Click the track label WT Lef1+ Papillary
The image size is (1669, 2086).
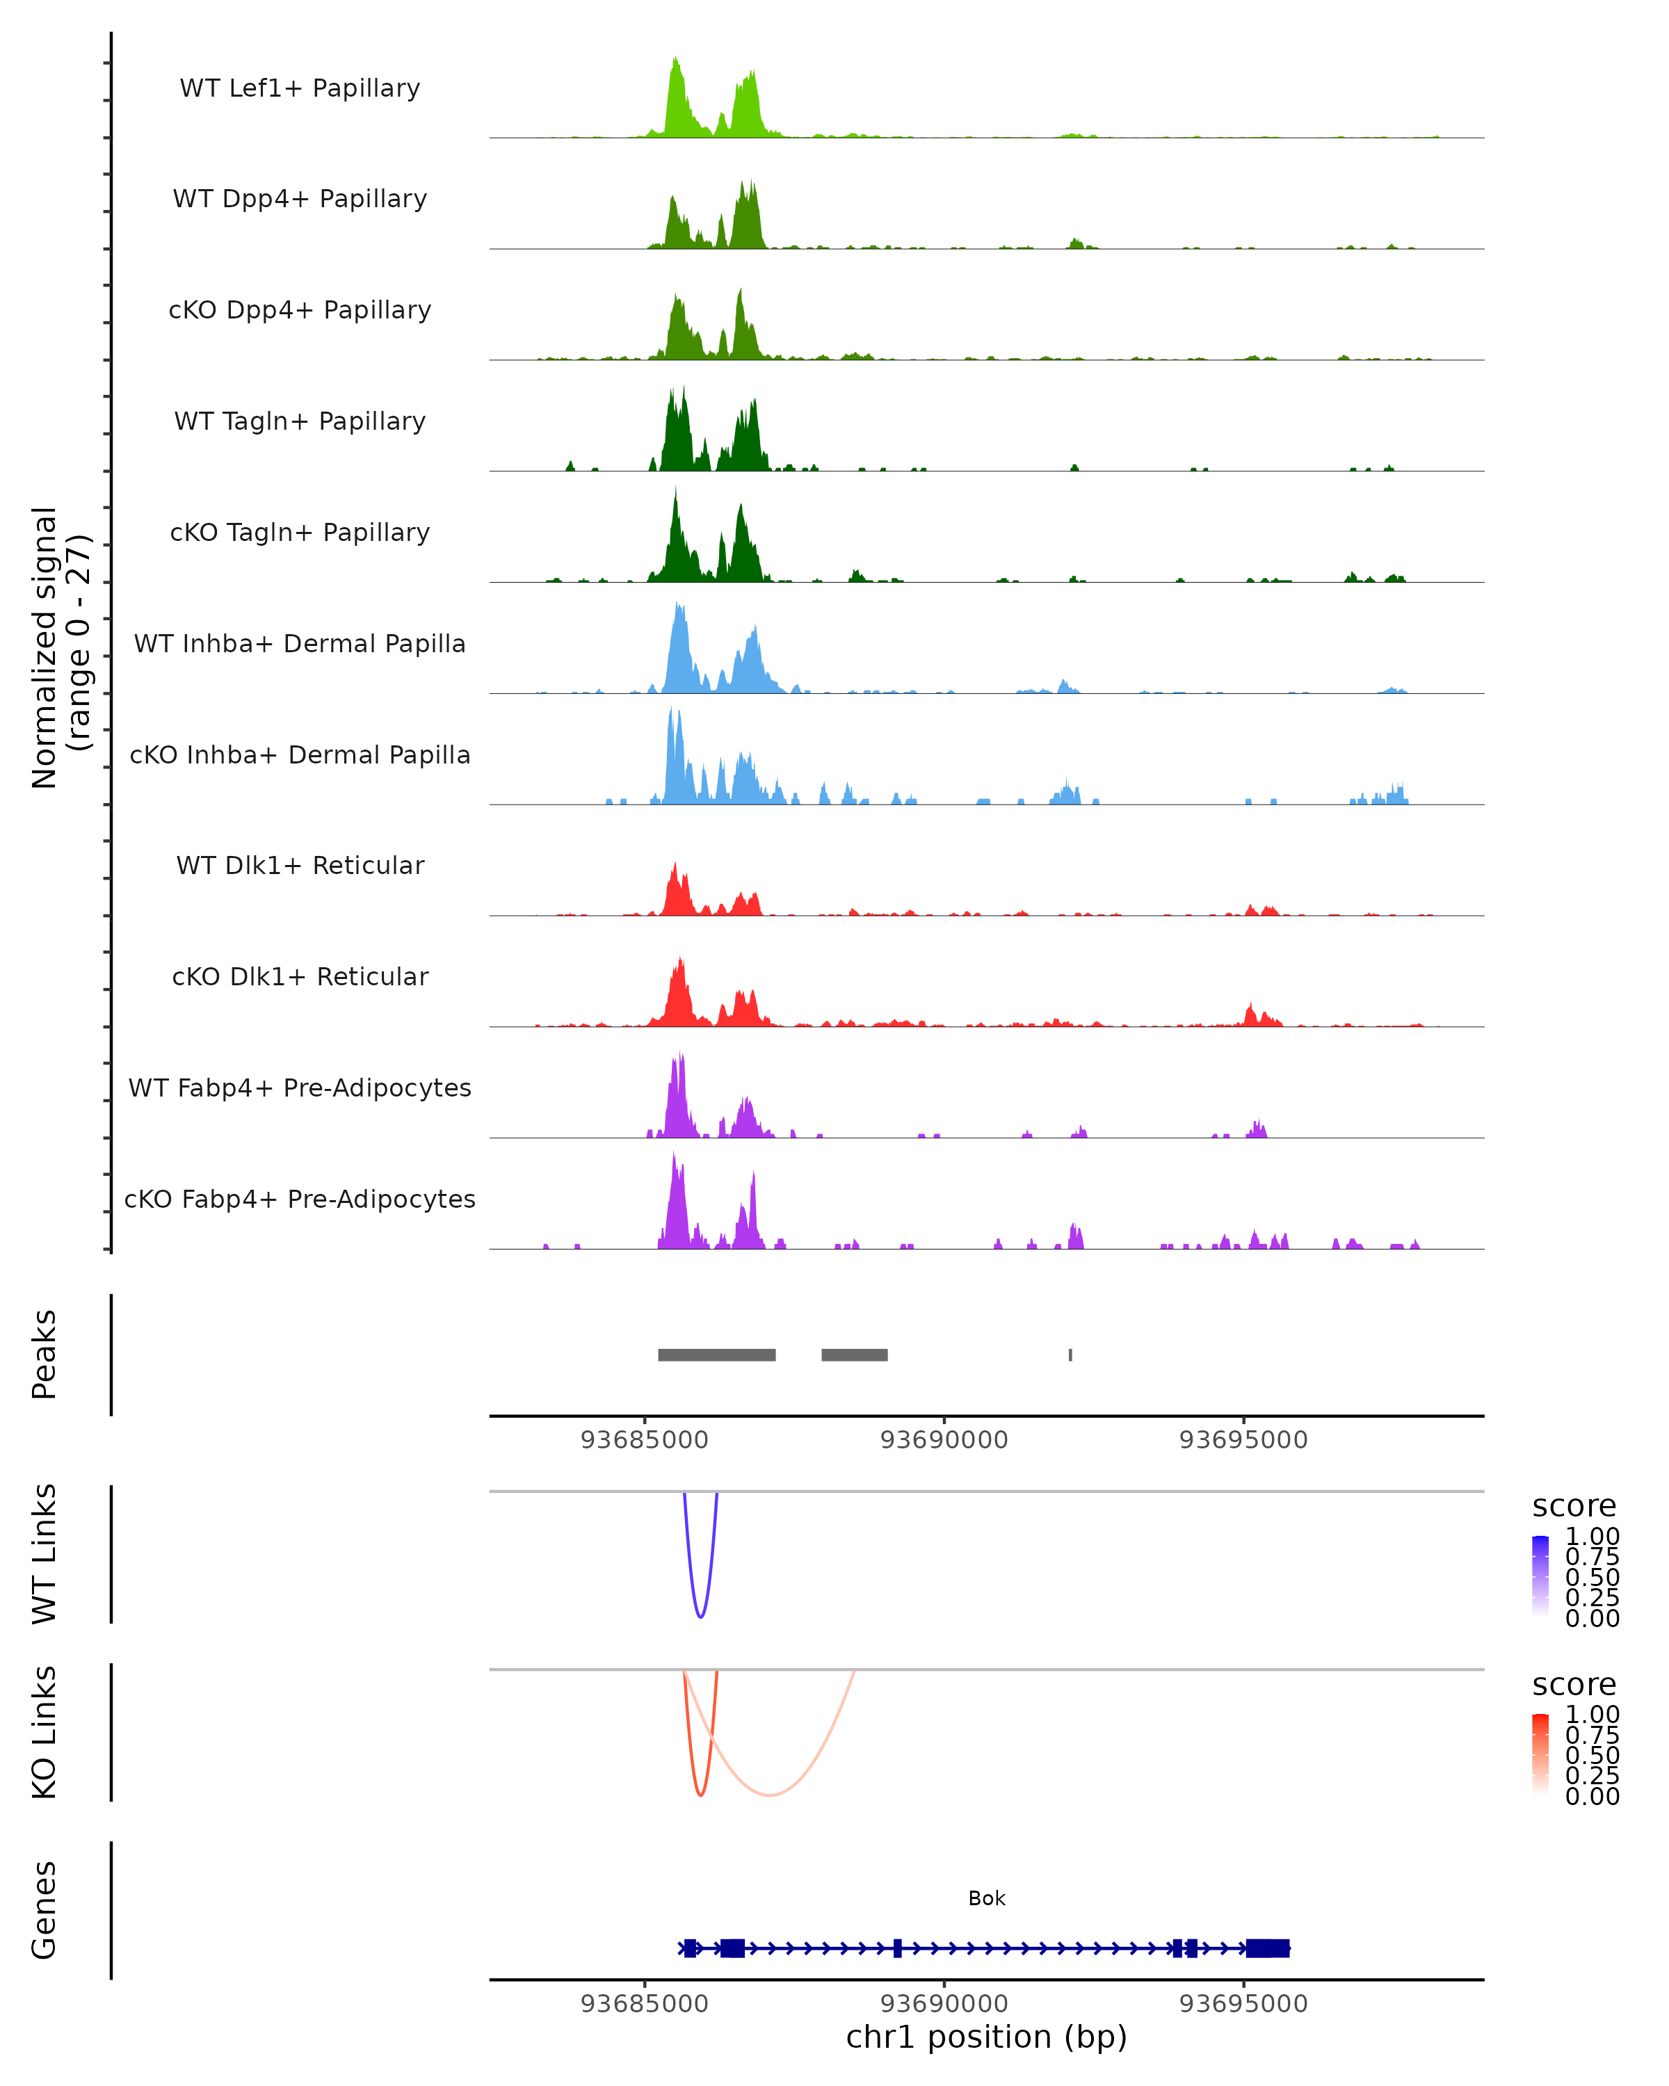300,88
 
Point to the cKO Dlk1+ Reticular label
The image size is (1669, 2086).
300,976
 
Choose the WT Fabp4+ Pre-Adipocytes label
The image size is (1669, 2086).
300,1088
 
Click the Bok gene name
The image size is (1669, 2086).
986,1898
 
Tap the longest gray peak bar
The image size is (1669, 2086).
716,1355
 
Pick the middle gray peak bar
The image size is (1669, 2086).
855,1355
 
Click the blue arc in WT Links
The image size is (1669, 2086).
700,1616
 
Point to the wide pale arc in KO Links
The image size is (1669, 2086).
770,1795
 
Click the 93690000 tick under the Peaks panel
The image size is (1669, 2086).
944,1441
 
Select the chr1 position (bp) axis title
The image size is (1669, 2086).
986,2037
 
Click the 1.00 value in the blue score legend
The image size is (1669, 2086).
1592,1537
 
